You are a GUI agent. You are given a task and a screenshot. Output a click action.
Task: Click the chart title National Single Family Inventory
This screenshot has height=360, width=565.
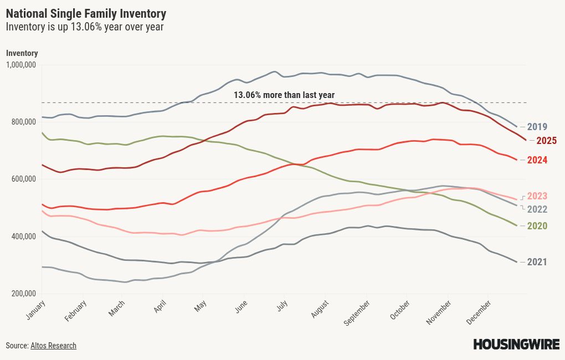point(86,13)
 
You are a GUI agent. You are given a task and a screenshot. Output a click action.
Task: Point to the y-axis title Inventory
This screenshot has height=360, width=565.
point(22,53)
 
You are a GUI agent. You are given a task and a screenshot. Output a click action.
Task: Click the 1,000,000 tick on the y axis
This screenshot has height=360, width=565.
point(21,65)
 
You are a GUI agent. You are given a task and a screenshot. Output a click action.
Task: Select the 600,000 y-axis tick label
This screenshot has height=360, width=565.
point(23,179)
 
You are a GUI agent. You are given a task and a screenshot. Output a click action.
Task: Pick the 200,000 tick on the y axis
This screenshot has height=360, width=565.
point(23,294)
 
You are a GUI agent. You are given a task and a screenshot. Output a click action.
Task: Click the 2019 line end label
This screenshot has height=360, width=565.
point(537,127)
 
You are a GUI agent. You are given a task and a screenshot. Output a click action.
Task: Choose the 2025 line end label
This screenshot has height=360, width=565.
point(546,141)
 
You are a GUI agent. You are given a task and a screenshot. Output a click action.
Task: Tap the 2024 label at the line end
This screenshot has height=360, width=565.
point(537,160)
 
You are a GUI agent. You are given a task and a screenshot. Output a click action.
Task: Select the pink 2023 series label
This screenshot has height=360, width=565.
point(537,196)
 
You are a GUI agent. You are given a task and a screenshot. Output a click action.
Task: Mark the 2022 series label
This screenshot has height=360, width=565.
point(537,209)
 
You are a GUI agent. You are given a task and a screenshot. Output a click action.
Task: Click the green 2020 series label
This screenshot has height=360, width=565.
point(537,226)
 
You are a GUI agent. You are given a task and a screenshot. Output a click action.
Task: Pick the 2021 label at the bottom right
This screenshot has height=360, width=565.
point(537,262)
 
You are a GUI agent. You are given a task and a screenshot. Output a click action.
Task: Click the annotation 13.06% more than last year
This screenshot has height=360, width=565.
point(284,95)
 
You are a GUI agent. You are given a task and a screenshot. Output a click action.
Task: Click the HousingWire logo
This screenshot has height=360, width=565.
point(516,344)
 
